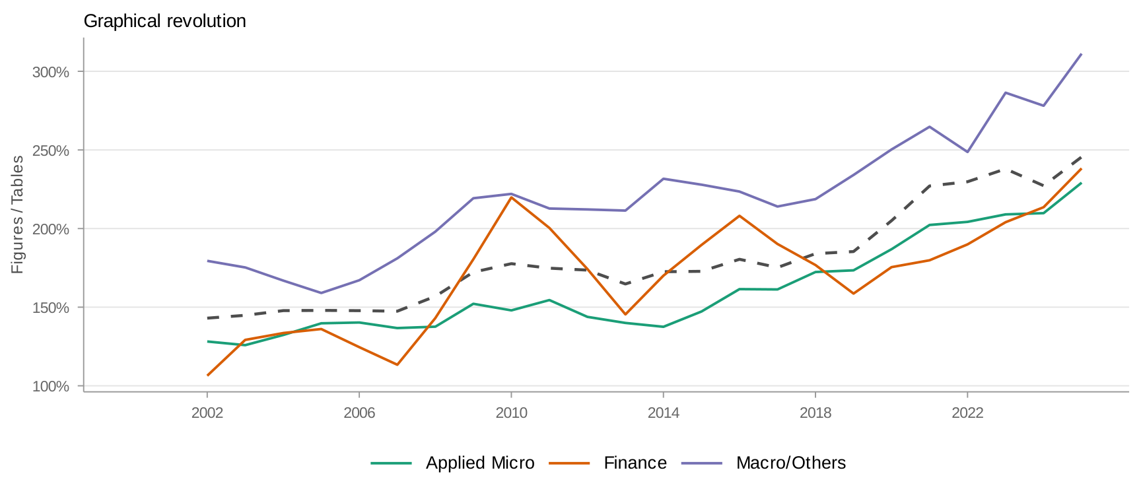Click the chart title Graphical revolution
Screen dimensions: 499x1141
point(164,21)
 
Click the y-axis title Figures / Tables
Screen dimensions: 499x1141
point(17,215)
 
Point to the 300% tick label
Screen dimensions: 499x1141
point(51,72)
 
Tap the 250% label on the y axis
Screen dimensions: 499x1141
point(51,150)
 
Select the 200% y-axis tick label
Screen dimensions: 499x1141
point(51,229)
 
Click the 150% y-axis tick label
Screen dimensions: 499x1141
point(51,308)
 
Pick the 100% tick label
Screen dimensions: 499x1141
point(51,386)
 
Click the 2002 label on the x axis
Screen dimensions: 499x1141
point(207,413)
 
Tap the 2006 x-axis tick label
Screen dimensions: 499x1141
point(359,413)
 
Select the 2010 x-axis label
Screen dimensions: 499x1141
point(511,413)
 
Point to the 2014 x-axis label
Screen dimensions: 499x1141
point(663,413)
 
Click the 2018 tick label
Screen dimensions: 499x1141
point(815,413)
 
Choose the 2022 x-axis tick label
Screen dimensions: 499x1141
point(967,413)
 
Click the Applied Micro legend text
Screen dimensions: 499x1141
point(480,463)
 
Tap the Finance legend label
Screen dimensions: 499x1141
point(635,463)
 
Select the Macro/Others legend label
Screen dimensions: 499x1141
point(791,463)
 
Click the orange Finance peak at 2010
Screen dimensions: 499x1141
point(512,197)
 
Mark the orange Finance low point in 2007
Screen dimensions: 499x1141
point(397,364)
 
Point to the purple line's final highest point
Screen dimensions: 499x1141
point(1081,54)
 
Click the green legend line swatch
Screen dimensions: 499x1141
point(392,463)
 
